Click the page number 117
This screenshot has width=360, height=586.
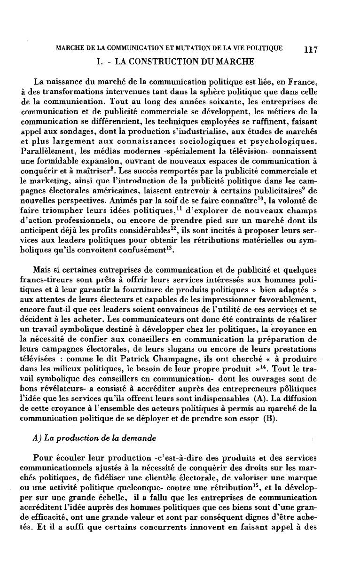click(312, 49)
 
